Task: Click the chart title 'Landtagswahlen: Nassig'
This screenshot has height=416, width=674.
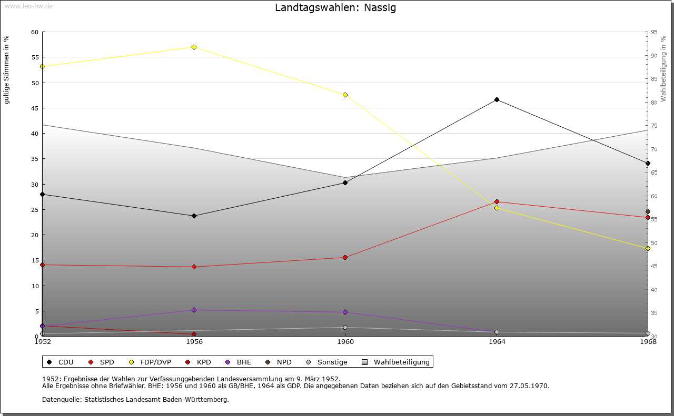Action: click(335, 8)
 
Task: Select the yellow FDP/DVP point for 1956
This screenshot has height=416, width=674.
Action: click(194, 47)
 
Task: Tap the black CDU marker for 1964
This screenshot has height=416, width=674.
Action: click(497, 100)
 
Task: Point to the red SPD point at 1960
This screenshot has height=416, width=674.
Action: click(345, 257)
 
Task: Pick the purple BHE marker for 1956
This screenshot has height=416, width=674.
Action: click(194, 310)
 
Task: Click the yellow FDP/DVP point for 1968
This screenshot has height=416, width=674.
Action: click(648, 248)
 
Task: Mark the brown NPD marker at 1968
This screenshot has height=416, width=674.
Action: click(648, 212)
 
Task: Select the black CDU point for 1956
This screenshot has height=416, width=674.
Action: click(194, 216)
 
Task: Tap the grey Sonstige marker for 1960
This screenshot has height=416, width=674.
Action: click(345, 327)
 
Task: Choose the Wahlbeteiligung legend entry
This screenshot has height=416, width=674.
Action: click(401, 362)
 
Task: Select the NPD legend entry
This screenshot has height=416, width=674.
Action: click(284, 362)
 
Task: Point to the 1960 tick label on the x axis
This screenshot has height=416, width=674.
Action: click(345, 342)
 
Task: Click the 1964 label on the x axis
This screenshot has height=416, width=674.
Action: click(497, 342)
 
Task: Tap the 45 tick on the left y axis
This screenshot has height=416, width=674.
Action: click(35, 108)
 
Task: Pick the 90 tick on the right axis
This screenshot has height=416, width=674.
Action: click(654, 56)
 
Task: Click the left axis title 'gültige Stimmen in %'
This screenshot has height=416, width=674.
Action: click(7, 70)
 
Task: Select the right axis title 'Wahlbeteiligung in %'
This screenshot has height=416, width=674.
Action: click(663, 69)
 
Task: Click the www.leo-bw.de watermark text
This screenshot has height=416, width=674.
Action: click(27, 6)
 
